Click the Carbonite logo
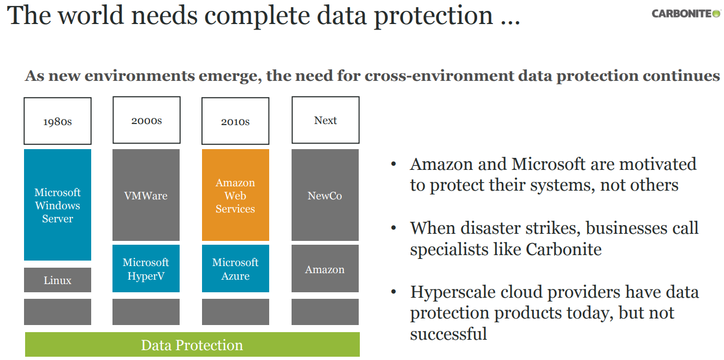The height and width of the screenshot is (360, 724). click(686, 14)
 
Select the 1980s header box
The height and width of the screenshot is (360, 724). click(57, 121)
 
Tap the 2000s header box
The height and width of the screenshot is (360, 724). click(146, 120)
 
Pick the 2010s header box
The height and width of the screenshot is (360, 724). click(235, 121)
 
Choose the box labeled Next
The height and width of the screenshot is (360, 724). click(325, 120)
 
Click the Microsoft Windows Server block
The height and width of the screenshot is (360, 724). click(57, 205)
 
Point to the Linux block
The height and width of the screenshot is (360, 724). click(57, 280)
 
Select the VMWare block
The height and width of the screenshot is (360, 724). click(146, 195)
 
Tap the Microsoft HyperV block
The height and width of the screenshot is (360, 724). click(146, 269)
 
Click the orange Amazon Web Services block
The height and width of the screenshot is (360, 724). click(235, 195)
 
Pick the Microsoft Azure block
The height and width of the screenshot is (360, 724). click(235, 269)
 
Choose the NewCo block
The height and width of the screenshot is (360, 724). click(325, 195)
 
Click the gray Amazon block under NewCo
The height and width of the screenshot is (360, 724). click(325, 269)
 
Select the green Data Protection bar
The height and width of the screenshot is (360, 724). click(192, 345)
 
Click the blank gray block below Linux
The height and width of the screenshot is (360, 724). click(57, 312)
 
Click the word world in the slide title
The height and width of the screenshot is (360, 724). click(86, 15)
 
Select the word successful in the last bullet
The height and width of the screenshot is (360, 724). click(448, 333)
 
